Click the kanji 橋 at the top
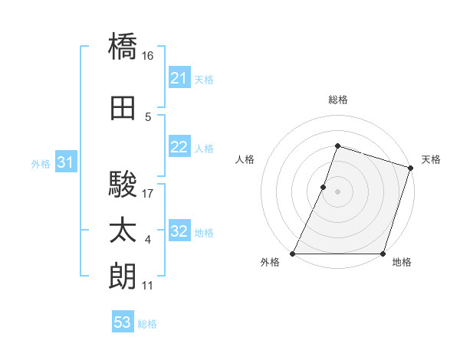click(x=123, y=46)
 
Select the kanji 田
click(x=123, y=109)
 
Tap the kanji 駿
click(x=123, y=184)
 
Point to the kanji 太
click(x=123, y=231)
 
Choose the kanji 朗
click(x=123, y=276)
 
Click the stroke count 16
click(x=149, y=56)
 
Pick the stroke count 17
click(x=149, y=194)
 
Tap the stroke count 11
click(x=149, y=286)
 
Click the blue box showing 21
click(x=179, y=78)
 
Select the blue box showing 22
click(x=179, y=148)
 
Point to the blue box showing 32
click(x=179, y=232)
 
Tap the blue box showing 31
click(x=65, y=163)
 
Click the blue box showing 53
click(x=123, y=322)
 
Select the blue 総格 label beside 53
click(x=147, y=324)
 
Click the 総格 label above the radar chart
click(x=337, y=100)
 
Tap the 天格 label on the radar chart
click(x=431, y=159)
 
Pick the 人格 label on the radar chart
click(x=245, y=159)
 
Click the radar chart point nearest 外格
click(x=293, y=254)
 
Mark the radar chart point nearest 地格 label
click(x=383, y=254)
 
